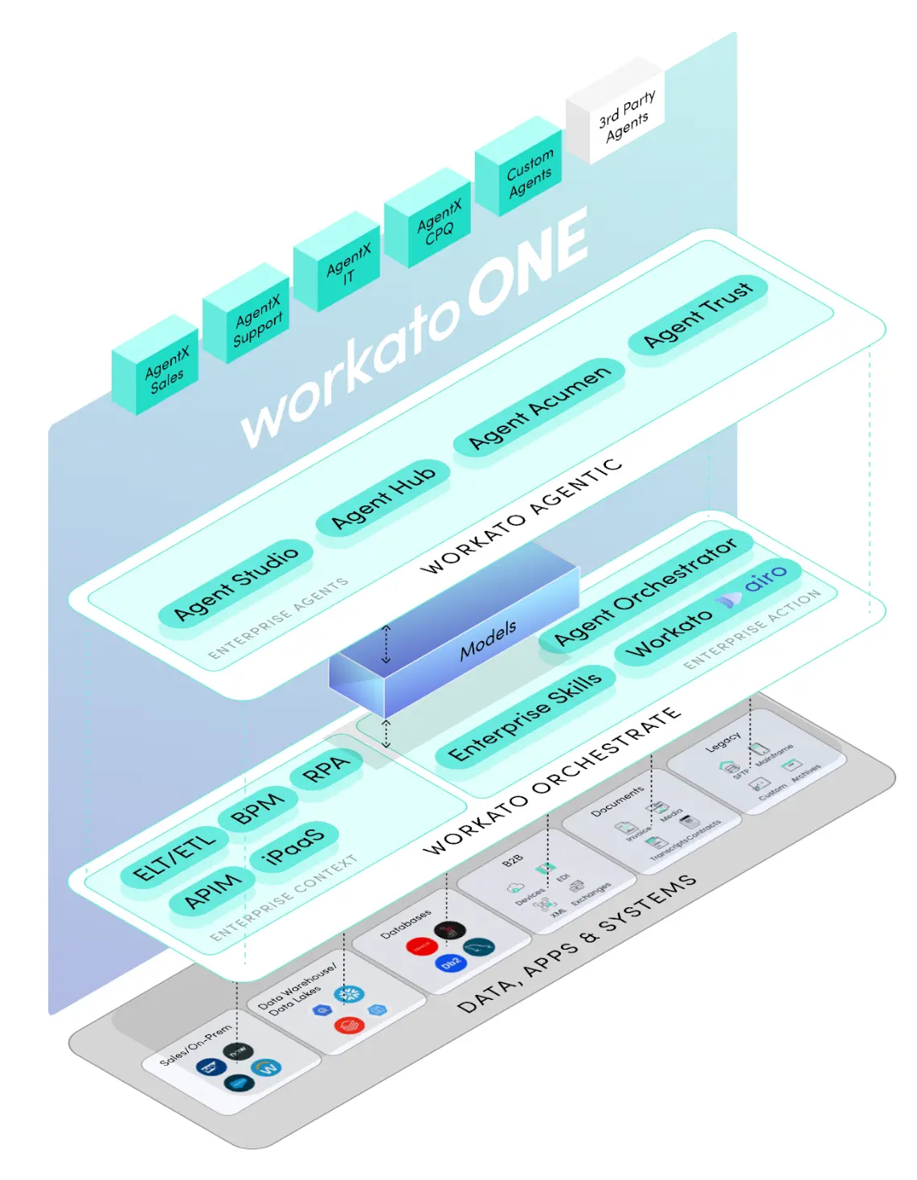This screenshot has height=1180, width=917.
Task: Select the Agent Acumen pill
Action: (x=539, y=407)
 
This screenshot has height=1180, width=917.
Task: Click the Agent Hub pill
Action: (x=383, y=496)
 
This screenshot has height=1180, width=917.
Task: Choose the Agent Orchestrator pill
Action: (x=645, y=590)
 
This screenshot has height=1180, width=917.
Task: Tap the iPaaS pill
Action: (x=293, y=845)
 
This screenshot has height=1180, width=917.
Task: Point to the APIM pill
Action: (x=212, y=890)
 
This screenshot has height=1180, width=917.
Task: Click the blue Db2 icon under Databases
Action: (x=451, y=963)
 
